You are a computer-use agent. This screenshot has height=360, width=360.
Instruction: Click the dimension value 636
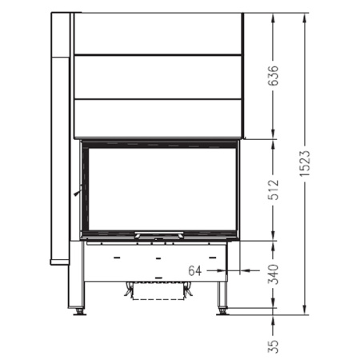[273, 75]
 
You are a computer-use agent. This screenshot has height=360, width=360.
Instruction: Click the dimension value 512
[273, 188]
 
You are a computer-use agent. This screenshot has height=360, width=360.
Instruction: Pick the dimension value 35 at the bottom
[273, 345]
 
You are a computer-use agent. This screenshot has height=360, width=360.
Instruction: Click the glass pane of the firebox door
[161, 189]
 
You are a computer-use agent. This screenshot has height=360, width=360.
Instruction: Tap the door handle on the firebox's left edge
[78, 192]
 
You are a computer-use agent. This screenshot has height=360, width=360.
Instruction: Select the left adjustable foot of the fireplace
[80, 310]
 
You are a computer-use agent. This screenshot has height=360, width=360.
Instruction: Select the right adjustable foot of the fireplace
[220, 310]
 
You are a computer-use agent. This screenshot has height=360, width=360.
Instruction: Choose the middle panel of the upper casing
[157, 76]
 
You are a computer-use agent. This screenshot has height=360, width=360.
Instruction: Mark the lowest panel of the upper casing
[157, 117]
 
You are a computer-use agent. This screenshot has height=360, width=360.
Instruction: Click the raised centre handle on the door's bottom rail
[160, 235]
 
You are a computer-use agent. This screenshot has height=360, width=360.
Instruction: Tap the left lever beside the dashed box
[127, 292]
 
